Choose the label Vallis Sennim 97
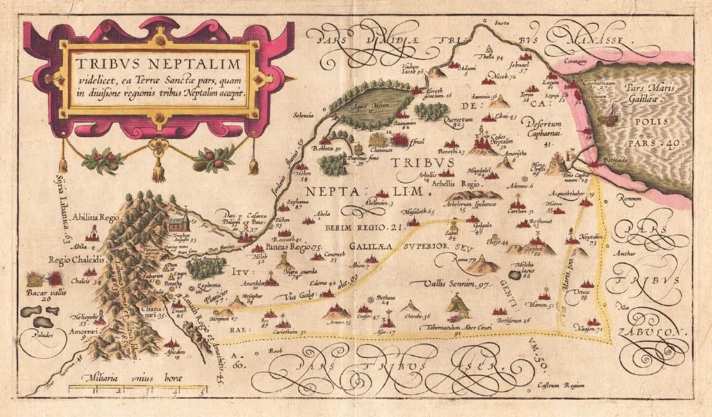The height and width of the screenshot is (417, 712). click(449, 284)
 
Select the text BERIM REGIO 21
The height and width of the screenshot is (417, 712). click(364, 228)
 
